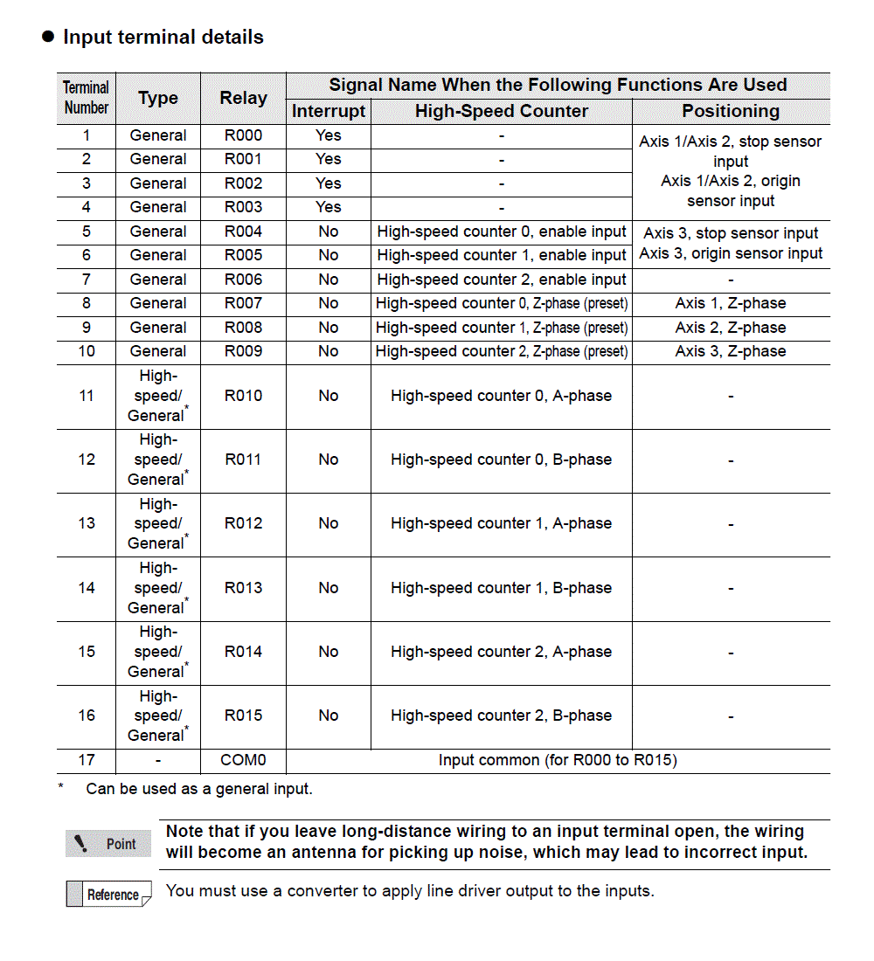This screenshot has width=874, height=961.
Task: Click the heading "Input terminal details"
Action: pyautogui.click(x=163, y=38)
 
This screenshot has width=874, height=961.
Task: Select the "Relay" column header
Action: pyautogui.click(x=243, y=98)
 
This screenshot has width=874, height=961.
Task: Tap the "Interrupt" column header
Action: pyautogui.click(x=329, y=111)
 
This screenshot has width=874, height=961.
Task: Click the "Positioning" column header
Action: pyautogui.click(x=731, y=111)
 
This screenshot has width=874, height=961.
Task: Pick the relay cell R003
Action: pyautogui.click(x=243, y=207)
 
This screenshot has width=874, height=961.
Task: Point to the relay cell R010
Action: pyautogui.click(x=243, y=396)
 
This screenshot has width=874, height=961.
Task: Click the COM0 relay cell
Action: pyautogui.click(x=243, y=760)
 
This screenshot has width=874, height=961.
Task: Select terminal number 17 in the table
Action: pyautogui.click(x=87, y=760)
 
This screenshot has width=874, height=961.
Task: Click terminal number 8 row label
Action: pyautogui.click(x=87, y=303)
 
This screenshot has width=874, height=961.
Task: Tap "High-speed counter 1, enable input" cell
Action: pyautogui.click(x=502, y=255)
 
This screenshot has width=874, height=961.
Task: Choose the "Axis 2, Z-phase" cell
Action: pyautogui.click(x=731, y=328)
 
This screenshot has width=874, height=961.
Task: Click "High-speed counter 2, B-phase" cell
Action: pyautogui.click(x=502, y=716)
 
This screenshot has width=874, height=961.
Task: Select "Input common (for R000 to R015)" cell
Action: pyautogui.click(x=558, y=760)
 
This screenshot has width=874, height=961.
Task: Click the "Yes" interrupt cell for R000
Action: pyautogui.click(x=329, y=135)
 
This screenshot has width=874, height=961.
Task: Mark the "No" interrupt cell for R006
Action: pyautogui.click(x=329, y=280)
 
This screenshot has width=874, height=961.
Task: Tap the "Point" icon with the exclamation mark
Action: pyautogui.click(x=108, y=844)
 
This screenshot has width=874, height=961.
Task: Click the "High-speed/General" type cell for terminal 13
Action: pyautogui.click(x=158, y=523)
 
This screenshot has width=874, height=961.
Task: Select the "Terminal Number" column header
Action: pyautogui.click(x=87, y=98)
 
